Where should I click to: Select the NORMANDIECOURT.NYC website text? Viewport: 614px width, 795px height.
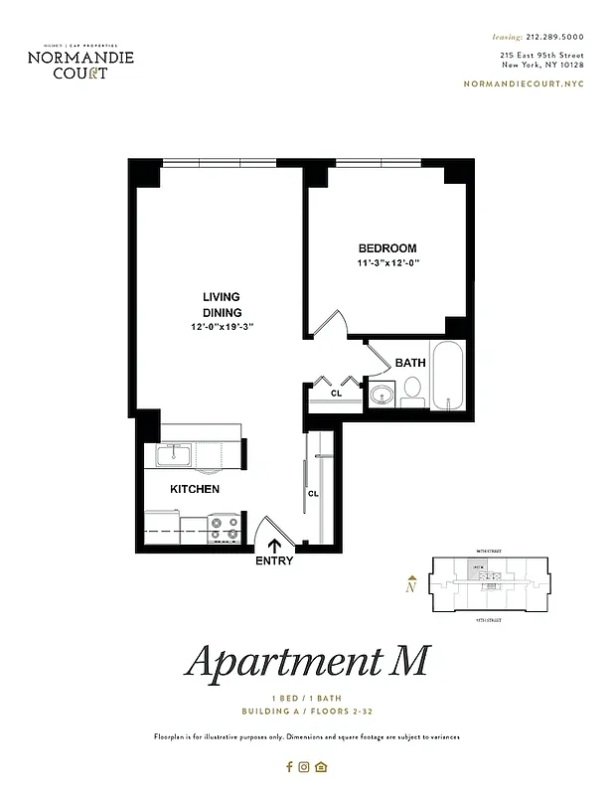pyautogui.click(x=524, y=83)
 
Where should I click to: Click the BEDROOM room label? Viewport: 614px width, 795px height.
pyautogui.click(x=386, y=248)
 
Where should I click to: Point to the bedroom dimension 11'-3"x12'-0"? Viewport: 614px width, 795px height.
pyautogui.click(x=388, y=263)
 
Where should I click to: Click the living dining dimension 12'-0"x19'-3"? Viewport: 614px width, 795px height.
pyautogui.click(x=224, y=327)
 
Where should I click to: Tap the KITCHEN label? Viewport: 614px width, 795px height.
pyautogui.click(x=195, y=490)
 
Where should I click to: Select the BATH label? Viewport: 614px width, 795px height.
pyautogui.click(x=409, y=363)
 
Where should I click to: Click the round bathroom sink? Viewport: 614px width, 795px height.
pyautogui.click(x=381, y=397)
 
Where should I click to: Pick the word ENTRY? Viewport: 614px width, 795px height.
pyautogui.click(x=274, y=560)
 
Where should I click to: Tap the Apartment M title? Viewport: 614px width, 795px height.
pyautogui.click(x=307, y=661)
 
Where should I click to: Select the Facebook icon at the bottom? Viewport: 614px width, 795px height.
pyautogui.click(x=290, y=766)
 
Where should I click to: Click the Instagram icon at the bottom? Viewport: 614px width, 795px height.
pyautogui.click(x=305, y=766)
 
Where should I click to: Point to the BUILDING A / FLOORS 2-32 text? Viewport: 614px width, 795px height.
pyautogui.click(x=306, y=712)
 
